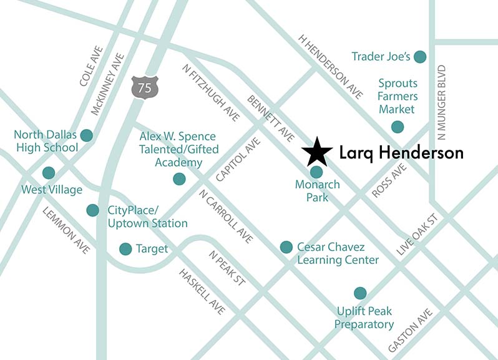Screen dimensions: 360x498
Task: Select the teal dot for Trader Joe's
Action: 421,57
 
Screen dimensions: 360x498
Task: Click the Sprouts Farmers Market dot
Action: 397,127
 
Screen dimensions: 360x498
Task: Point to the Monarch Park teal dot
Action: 316,172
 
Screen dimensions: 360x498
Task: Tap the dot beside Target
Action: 125,248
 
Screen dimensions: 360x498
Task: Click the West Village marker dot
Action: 48,173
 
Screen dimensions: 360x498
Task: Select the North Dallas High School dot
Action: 86,135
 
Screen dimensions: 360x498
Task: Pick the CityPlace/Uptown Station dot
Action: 92,210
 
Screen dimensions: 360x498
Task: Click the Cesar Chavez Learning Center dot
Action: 286,246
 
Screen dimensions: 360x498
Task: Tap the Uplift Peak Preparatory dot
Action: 359,293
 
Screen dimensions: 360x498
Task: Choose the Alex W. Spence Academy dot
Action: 179,179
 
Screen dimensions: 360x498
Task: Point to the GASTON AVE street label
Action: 409,330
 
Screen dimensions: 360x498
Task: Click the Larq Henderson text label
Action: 401,153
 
